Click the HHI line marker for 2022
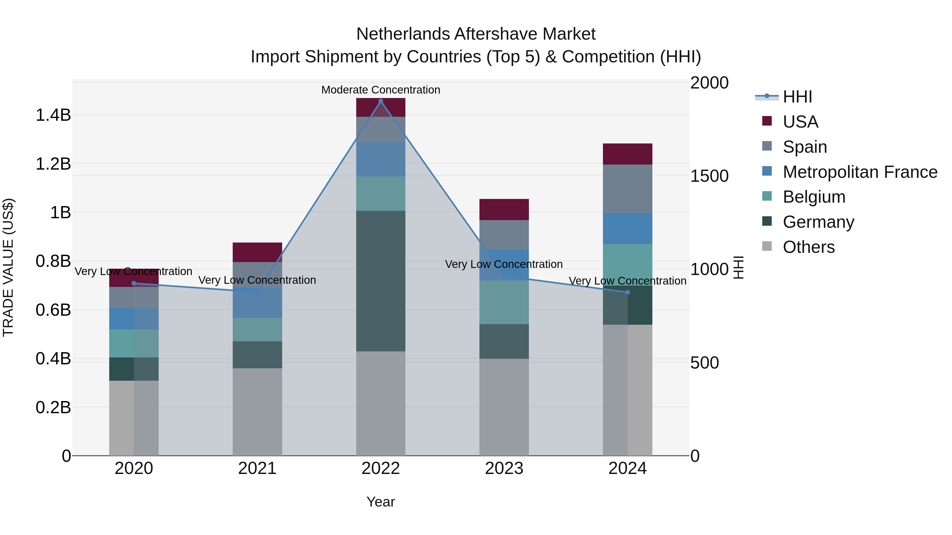click(381, 101)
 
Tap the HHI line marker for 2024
click(628, 292)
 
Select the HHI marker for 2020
click(134, 283)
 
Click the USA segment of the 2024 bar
click(628, 154)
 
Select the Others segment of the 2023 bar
click(504, 407)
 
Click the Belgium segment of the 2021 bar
click(257, 329)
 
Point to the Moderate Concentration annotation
click(381, 90)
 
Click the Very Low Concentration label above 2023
click(504, 264)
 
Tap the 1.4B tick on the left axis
click(53, 115)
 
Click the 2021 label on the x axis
click(257, 468)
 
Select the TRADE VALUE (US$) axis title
click(8, 267)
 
